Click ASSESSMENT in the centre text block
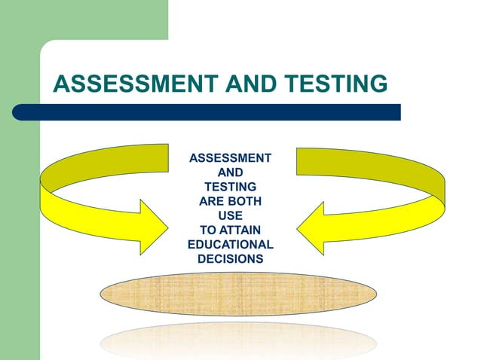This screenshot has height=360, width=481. tap(230, 158)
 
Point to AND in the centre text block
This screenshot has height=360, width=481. tap(230, 172)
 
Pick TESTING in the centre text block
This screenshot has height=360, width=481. tap(230, 187)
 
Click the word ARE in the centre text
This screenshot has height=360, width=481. tap(212, 201)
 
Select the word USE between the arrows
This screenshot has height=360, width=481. tap(230, 215)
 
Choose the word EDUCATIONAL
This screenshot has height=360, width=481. tap(230, 245)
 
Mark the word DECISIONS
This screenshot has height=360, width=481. tap(230, 259)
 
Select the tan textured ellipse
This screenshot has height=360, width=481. tap(238, 294)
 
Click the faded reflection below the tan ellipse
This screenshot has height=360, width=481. tap(238, 338)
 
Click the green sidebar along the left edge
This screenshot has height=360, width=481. tap(20, 226)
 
